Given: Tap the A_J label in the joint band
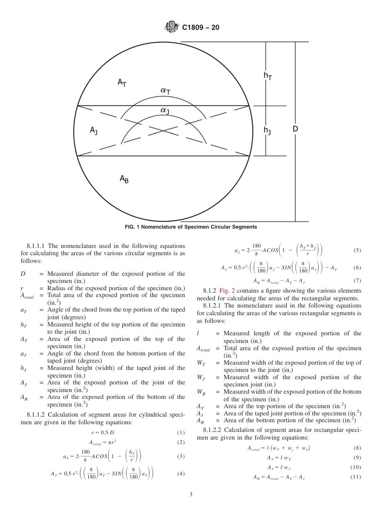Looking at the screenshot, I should click(93, 130).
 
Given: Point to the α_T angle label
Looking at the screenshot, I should click(165, 91).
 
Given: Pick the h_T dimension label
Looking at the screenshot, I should click(267, 75).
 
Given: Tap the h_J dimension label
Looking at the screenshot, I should click(267, 130).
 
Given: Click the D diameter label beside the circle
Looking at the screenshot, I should click(295, 129).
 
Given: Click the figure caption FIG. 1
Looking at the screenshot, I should click(191, 227).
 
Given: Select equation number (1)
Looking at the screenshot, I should click(181, 433).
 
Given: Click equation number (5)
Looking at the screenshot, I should click(357, 250).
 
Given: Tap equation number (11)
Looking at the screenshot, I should click(355, 477).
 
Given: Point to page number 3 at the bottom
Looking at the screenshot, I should click(191, 495).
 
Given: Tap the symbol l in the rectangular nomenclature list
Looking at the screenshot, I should click(198, 333).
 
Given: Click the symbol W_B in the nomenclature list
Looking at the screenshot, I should click(201, 392).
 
